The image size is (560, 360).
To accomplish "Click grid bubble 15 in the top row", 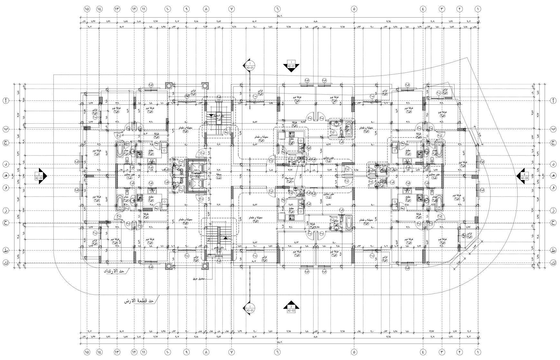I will pos(87,9).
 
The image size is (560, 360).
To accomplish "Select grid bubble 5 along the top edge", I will pos(354,9).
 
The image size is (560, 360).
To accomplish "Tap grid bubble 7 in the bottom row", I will pos(231,352).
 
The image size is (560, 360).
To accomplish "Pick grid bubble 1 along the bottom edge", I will pos(478,352).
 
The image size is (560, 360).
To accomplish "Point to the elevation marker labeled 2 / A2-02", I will pos(40,176).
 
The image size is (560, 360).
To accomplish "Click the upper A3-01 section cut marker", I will pos(250,65).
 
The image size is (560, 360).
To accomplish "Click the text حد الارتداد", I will pos(114,271).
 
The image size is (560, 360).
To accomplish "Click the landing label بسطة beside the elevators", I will pos(219,176).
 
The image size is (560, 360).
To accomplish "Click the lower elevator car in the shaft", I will pos(195,184).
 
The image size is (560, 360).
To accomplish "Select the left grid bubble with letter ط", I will pos(6,251).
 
